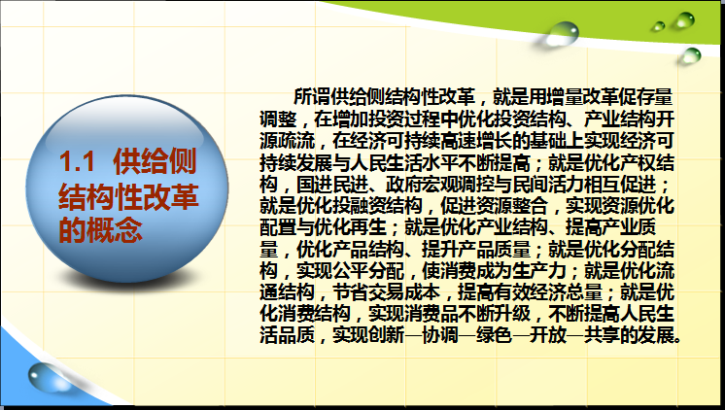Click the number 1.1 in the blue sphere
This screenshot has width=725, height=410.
point(77,161)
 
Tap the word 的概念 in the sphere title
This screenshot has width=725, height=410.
point(100,229)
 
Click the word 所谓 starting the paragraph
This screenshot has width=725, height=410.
point(312,96)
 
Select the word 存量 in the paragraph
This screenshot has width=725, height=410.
point(655,96)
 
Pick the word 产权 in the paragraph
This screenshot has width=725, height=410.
point(638,162)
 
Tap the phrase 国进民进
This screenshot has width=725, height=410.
point(332,184)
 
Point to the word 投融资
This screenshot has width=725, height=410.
point(360,206)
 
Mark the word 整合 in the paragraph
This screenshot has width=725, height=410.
point(530,206)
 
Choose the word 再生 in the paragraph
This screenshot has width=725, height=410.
point(368,227)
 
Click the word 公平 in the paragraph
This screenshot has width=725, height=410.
point(350,271)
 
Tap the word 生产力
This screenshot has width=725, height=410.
point(539,271)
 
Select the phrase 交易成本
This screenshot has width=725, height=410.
point(404,292)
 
